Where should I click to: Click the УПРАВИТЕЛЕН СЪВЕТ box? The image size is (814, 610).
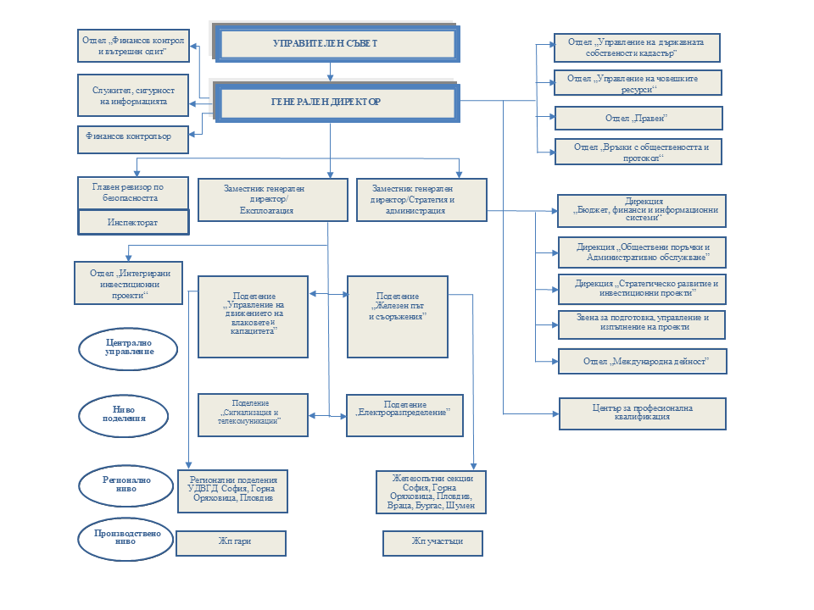coord(337,43)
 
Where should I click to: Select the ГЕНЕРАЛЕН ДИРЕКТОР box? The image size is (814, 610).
coord(337,103)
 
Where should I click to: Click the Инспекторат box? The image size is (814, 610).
coord(132,222)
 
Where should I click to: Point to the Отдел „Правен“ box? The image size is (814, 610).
coord(638,118)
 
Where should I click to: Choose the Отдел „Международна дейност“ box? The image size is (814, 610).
coord(643,362)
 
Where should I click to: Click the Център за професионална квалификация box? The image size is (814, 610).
coord(643,413)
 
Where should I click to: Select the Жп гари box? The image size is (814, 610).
coord(231,543)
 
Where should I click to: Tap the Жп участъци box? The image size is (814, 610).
coord(433,543)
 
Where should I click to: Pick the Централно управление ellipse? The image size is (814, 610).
coord(129,348)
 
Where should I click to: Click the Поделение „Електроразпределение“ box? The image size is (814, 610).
coord(405,415)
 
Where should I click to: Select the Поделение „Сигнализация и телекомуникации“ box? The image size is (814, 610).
coord(252,415)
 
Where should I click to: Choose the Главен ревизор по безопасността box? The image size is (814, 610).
coord(132,192)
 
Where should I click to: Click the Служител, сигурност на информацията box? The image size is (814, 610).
coord(132,95)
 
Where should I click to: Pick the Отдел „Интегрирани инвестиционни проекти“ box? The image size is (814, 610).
coord(129,283)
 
